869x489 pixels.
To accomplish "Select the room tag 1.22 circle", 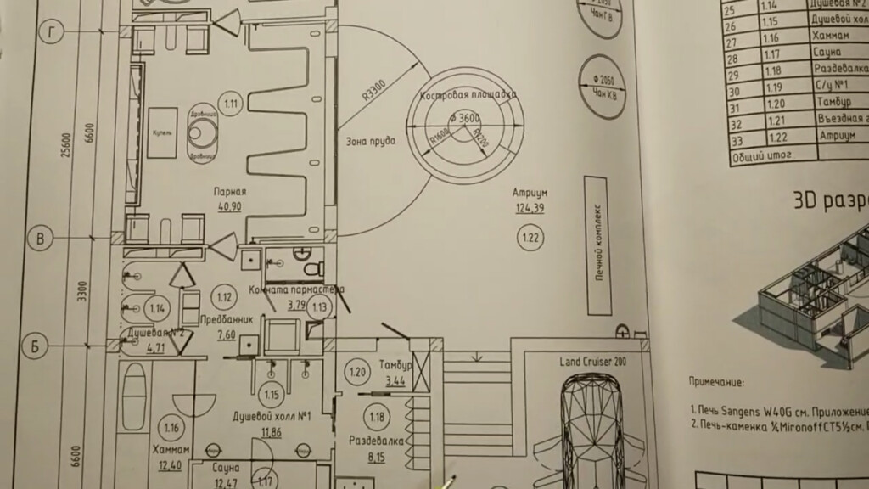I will point(530,239).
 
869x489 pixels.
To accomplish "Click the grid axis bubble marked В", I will point(40,238).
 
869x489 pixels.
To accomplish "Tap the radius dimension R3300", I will point(373,90).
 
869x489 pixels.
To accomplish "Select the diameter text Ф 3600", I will point(463,118).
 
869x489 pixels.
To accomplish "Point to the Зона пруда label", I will point(369,142).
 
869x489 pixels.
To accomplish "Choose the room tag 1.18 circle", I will point(375,416).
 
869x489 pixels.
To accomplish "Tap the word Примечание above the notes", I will point(722,383).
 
